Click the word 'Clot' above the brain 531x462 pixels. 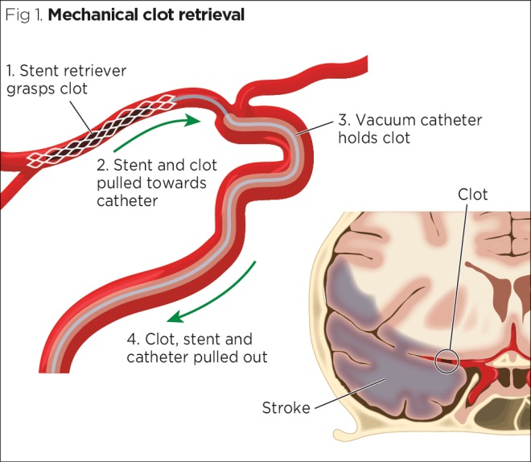coord(472,195)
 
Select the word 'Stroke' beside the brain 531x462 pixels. coord(286,408)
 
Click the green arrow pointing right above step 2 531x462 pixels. coord(156,134)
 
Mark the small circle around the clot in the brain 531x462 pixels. coord(447,360)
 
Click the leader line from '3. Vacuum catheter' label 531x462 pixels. coord(318,126)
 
